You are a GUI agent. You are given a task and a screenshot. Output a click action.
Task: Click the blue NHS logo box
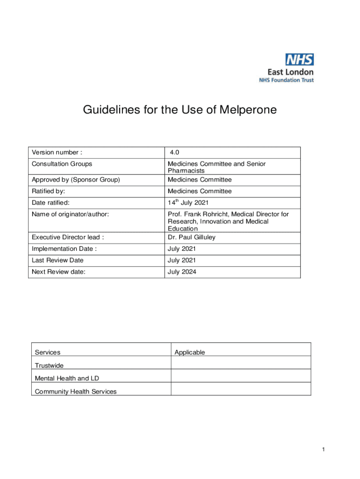[300, 59]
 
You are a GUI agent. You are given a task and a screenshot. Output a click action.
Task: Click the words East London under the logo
[290, 72]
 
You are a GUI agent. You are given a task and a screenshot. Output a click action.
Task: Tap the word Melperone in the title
[251, 110]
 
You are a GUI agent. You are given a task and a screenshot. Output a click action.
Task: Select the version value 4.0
[174, 152]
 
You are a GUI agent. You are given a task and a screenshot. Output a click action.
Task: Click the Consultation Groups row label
[62, 164]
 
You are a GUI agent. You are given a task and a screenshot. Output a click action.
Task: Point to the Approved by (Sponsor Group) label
[76, 180]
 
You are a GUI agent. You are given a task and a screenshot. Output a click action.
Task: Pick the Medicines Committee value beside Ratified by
[200, 191]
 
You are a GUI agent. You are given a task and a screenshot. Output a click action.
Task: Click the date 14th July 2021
[188, 203]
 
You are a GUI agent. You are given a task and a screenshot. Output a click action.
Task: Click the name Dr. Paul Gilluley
[192, 237]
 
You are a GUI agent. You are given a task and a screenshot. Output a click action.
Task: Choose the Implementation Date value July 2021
[182, 249]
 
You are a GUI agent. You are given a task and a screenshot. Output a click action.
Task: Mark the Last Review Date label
[58, 260]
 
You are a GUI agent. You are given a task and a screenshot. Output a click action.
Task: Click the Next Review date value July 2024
[182, 271]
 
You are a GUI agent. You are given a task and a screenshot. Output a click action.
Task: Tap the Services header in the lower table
[48, 352]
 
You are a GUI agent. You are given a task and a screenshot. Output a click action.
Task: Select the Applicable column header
[189, 352]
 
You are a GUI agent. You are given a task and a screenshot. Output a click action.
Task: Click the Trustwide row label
[49, 365]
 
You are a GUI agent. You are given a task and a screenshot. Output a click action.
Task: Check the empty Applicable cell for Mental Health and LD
[240, 376]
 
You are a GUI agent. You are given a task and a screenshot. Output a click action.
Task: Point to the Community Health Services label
[76, 392]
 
